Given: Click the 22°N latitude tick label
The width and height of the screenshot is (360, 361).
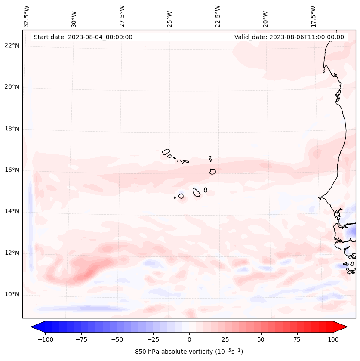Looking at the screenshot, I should pyautogui.click(x=12, y=46).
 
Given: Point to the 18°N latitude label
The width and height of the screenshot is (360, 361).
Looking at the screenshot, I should pyautogui.click(x=12, y=129).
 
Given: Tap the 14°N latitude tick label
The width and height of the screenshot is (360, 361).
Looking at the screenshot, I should pyautogui.click(x=12, y=211).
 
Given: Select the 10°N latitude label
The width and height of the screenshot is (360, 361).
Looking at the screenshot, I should pyautogui.click(x=12, y=295).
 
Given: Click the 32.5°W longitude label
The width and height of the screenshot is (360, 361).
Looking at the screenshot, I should pyautogui.click(x=27, y=16).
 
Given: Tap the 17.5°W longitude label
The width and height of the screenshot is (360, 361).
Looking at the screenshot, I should pyautogui.click(x=313, y=16).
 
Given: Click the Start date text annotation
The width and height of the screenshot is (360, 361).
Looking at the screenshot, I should pyautogui.click(x=83, y=37).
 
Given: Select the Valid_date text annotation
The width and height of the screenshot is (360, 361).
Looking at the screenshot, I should pyautogui.click(x=289, y=37).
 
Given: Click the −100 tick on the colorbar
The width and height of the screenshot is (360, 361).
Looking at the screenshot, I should pyautogui.click(x=45, y=339).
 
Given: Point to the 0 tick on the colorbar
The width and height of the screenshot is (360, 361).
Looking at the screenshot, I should pyautogui.click(x=189, y=339).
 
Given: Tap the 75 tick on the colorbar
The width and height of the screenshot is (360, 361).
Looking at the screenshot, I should pyautogui.click(x=297, y=339).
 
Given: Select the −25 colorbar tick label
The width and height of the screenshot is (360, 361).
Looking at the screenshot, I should pyautogui.click(x=153, y=339).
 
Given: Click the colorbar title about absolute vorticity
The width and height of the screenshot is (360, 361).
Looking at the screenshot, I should pyautogui.click(x=189, y=352).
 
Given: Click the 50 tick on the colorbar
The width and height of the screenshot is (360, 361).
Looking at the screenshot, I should pyautogui.click(x=261, y=339).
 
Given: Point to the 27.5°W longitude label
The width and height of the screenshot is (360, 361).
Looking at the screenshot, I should pyautogui.click(x=122, y=16).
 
